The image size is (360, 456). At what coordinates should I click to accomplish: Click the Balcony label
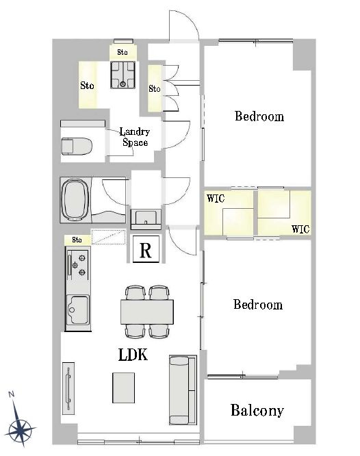pos(257,411)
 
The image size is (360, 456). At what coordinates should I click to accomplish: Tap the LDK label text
pos(133,355)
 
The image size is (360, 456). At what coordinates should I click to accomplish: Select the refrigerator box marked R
pos(146,249)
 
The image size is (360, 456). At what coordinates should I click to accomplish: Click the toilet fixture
pos(77,147)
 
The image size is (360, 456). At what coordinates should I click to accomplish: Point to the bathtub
pos(75,200)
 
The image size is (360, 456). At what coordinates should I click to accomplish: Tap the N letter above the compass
pos(12,394)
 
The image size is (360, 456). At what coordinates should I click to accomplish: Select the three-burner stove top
pos(77,264)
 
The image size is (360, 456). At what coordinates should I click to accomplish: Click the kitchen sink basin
pos(77,309)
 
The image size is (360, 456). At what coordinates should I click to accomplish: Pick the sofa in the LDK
pos(183,390)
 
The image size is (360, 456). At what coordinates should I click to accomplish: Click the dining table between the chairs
pos(147,312)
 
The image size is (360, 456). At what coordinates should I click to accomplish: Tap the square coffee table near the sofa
pos(124,388)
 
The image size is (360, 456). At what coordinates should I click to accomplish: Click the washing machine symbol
pos(123,75)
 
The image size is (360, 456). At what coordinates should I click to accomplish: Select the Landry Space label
pos(135,137)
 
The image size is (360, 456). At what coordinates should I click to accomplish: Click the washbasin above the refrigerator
pos(146,219)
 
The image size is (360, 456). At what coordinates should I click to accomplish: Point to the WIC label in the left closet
pos(216,199)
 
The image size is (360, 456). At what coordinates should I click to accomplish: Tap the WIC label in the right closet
pos(300,229)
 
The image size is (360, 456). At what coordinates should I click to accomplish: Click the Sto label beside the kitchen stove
pos(77,240)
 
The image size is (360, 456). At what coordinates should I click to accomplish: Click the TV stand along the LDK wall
pos(68,388)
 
